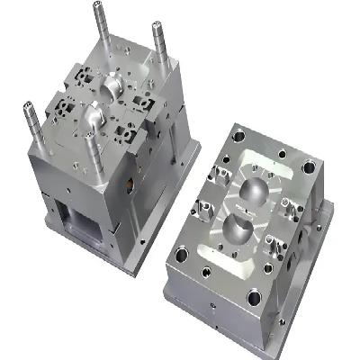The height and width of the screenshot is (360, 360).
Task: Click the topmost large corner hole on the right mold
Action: tap(238, 138)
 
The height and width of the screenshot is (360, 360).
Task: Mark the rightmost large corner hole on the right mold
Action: tap(310, 167)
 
